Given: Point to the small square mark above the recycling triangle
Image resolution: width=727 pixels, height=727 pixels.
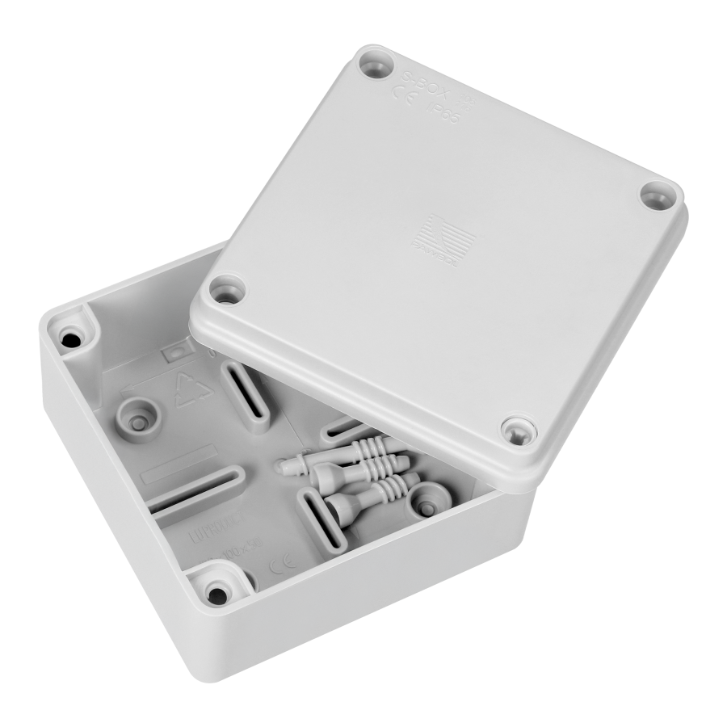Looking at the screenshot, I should (172, 353).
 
